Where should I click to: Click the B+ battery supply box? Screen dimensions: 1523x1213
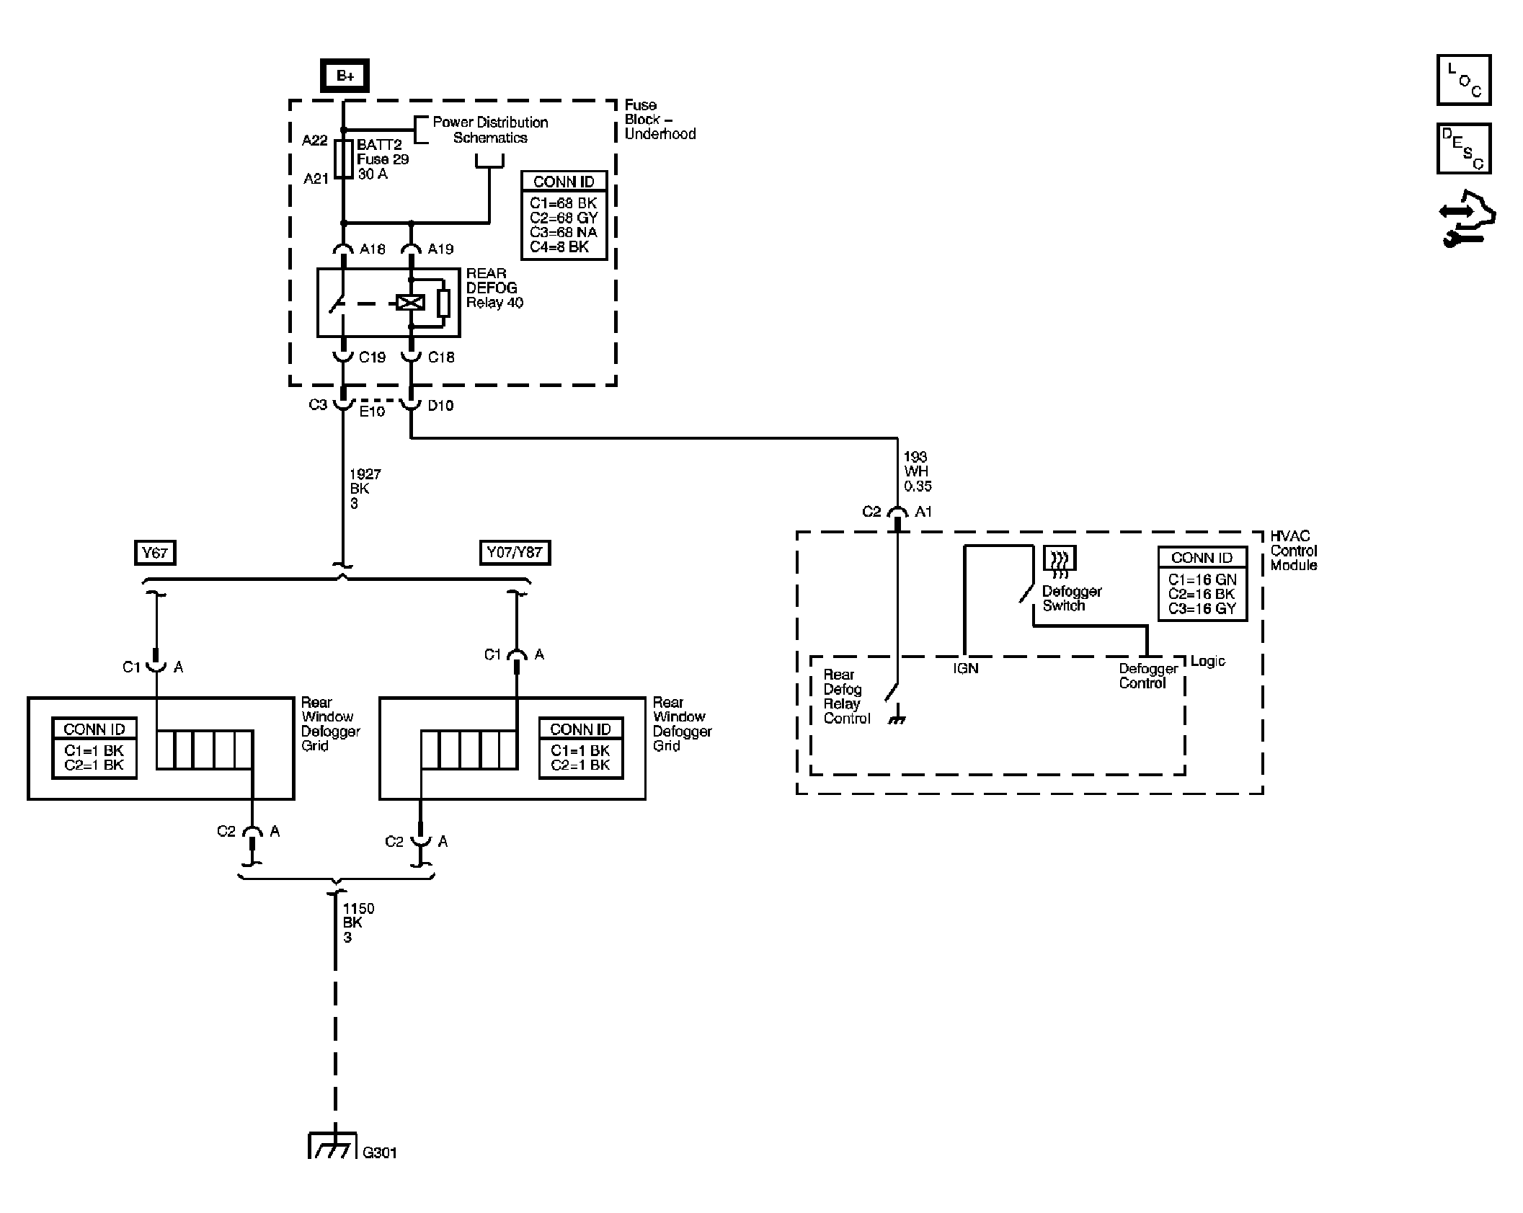point(345,76)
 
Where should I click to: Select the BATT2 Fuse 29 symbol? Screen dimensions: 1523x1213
point(345,159)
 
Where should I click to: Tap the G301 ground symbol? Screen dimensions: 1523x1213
point(332,1145)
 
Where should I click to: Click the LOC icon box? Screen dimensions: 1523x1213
point(1464,80)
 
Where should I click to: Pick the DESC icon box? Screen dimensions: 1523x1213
point(1464,149)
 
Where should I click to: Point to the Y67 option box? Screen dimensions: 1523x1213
point(155,553)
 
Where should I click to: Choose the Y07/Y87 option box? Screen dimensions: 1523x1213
point(515,553)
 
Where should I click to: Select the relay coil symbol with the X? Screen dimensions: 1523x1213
point(411,302)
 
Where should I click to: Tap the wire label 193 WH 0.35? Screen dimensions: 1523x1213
point(918,471)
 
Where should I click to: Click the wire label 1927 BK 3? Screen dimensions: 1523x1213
point(365,489)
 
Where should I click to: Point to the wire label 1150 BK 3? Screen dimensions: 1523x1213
point(358,923)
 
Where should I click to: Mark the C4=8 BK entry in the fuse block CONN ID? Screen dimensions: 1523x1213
point(559,246)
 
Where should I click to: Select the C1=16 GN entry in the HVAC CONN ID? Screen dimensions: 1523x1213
point(1202,579)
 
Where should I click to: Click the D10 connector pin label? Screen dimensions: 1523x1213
point(440,406)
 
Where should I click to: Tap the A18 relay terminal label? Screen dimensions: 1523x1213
point(373,249)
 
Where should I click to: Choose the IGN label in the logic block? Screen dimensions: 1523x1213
point(966,669)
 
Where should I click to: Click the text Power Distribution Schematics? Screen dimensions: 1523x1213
point(490,130)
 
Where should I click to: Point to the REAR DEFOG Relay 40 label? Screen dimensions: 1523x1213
point(494,288)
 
